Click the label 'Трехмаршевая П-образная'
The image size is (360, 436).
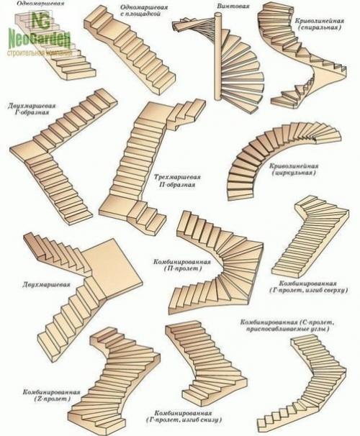pos(176,179)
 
